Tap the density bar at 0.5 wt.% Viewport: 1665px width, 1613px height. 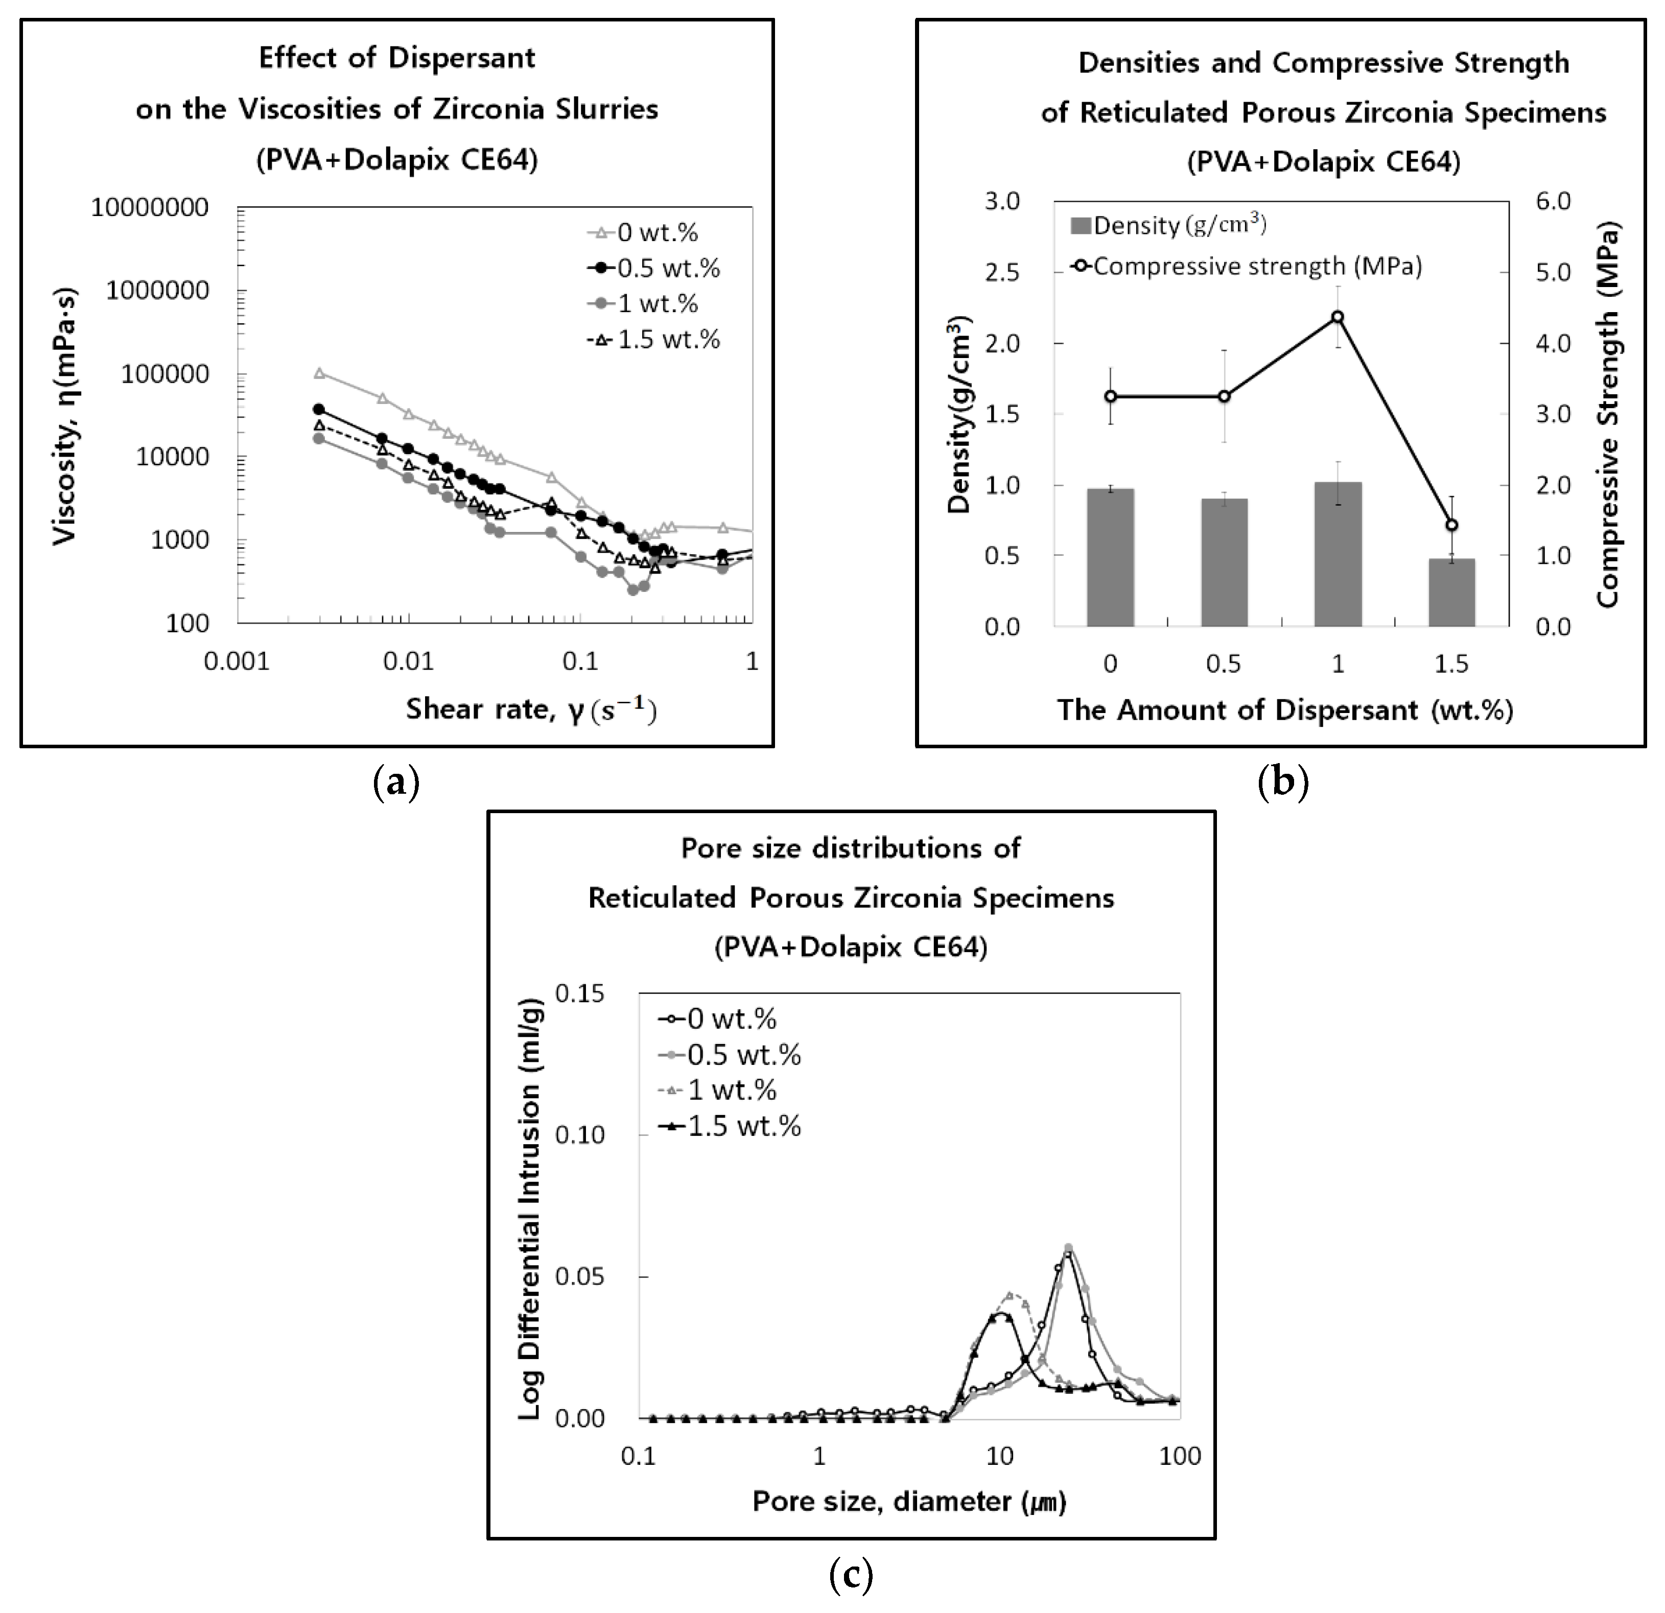coord(1224,562)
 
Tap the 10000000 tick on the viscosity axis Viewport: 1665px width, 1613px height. coord(150,208)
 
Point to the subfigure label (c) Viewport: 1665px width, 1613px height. coord(850,1576)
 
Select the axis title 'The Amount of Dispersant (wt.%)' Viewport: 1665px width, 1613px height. coord(1284,710)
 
